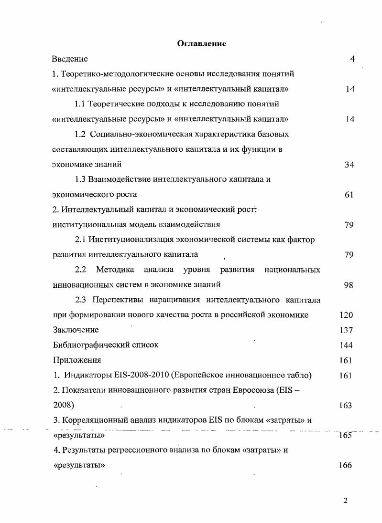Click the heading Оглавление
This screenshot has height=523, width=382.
201,44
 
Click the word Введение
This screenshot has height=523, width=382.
70,59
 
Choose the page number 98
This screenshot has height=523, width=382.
349,285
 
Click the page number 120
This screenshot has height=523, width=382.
346,315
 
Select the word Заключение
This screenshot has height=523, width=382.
76,330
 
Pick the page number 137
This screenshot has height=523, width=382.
346,330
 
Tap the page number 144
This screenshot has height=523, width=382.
346,345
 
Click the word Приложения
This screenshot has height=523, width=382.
76,360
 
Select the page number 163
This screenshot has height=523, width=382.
345,406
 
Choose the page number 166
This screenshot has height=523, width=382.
345,466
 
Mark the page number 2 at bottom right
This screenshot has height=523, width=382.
345,500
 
